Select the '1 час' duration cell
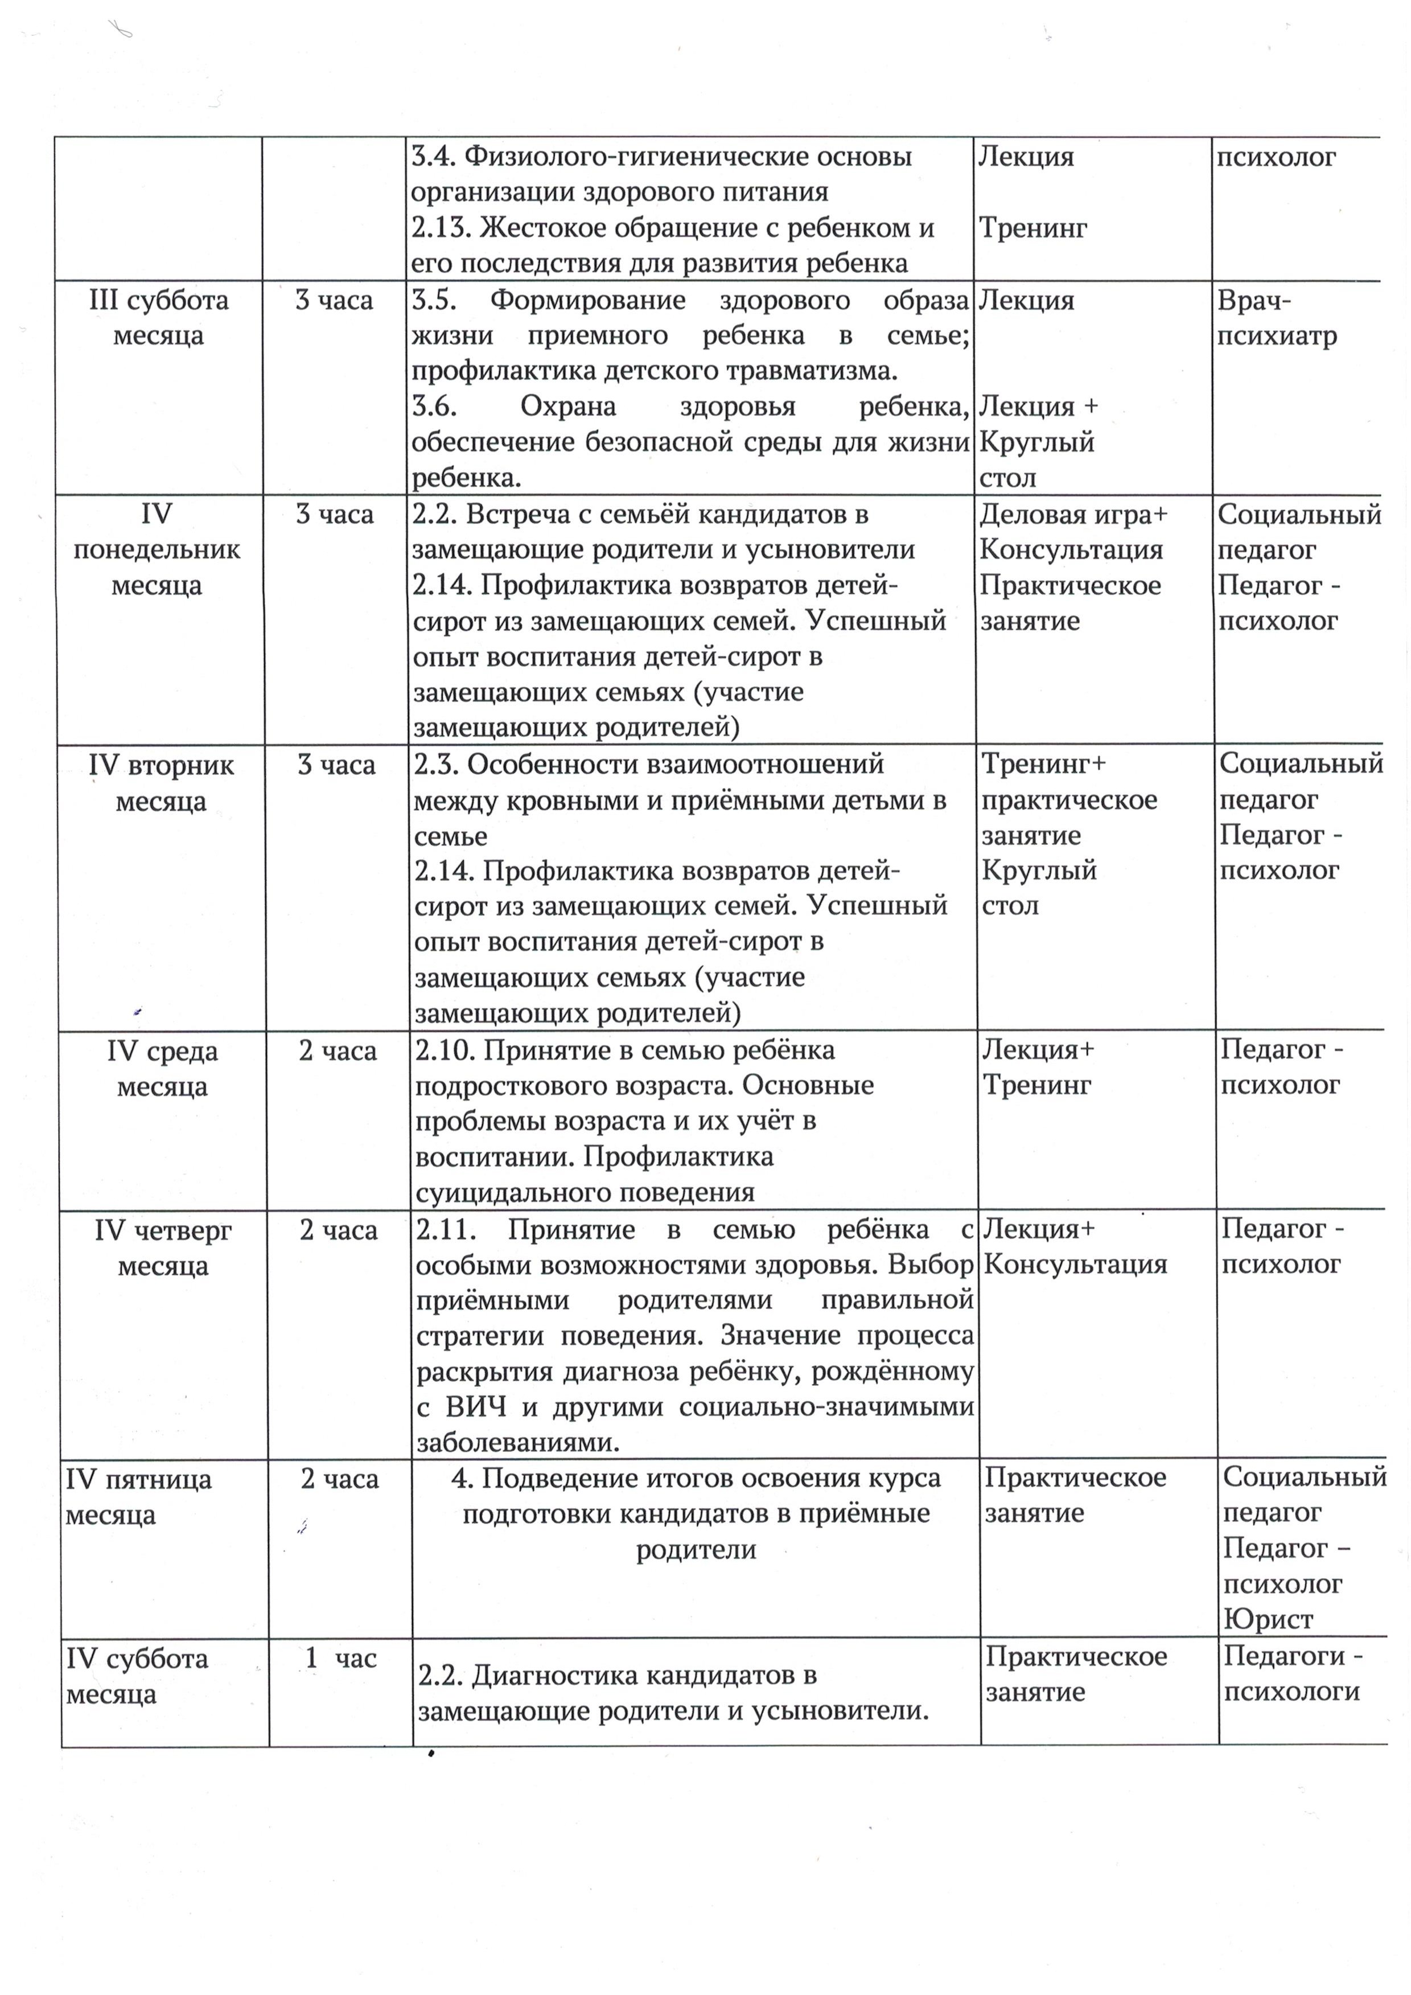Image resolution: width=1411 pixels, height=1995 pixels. point(340,1658)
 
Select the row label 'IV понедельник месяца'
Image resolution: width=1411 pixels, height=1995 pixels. point(157,549)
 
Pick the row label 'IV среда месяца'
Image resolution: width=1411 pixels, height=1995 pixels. point(162,1068)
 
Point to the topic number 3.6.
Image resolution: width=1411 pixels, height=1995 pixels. point(434,406)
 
